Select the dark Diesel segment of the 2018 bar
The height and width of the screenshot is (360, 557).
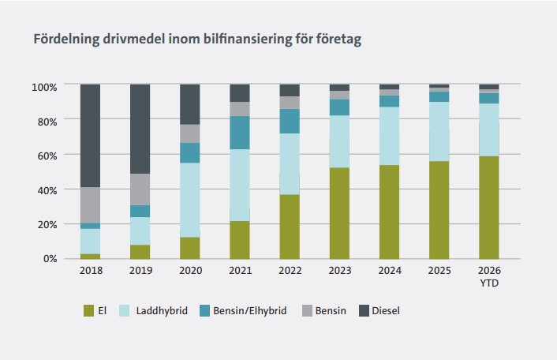[90, 135]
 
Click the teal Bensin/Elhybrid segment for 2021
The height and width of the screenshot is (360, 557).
[239, 133]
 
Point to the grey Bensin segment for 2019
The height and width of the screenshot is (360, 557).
[140, 189]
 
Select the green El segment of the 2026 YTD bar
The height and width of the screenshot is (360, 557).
[488, 207]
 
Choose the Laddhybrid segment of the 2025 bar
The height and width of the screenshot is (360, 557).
[439, 131]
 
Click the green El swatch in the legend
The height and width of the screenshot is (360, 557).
[89, 310]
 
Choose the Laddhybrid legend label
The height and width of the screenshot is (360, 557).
[163, 310]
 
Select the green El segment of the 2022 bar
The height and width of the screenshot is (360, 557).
[290, 227]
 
